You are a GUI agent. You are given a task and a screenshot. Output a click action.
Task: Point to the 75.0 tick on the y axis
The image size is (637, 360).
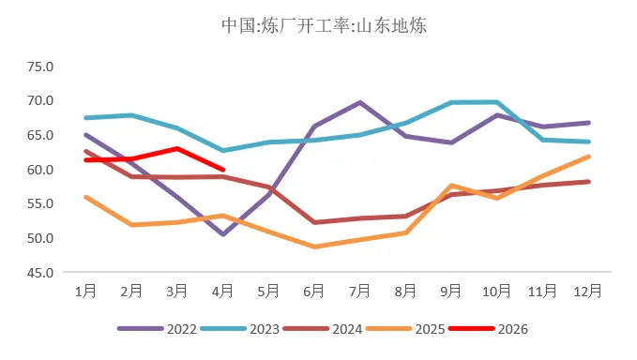click(41, 67)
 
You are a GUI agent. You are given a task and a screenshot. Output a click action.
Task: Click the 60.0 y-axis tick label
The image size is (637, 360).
click(41, 170)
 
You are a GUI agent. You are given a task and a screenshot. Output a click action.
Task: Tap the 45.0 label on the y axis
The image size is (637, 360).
click(41, 273)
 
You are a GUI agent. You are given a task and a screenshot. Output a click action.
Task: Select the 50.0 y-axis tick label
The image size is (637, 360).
click(41, 238)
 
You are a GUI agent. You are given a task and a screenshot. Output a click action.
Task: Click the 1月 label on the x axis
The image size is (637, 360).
click(85, 292)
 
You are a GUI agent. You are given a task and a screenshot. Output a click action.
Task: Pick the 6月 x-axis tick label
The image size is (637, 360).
click(314, 292)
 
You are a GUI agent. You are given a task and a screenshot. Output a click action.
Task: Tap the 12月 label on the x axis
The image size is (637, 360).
click(588, 292)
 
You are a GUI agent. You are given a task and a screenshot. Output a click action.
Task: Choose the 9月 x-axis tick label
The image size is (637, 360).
click(451, 292)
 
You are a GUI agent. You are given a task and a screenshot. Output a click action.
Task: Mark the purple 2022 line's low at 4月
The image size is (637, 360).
click(222, 234)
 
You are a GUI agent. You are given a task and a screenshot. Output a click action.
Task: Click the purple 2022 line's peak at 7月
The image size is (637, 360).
click(360, 102)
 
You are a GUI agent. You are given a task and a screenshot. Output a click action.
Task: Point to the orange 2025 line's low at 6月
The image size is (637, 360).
click(314, 247)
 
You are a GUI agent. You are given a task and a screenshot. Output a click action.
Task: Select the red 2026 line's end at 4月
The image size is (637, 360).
click(222, 170)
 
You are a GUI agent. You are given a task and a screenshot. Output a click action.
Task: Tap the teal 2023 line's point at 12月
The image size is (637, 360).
click(588, 142)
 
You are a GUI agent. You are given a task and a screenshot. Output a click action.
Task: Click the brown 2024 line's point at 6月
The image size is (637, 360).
click(314, 222)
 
